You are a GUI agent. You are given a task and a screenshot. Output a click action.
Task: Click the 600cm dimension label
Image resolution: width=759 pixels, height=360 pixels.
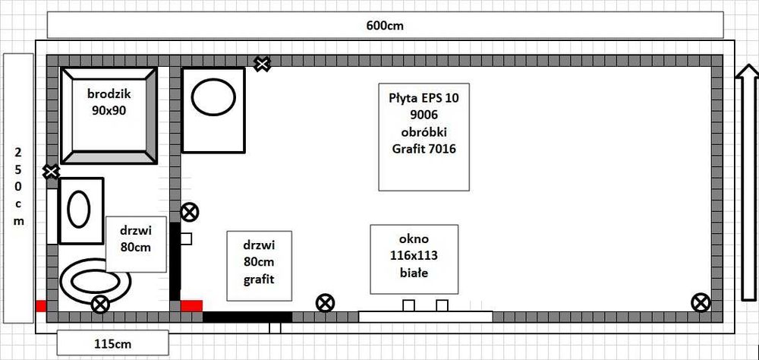point(385,25)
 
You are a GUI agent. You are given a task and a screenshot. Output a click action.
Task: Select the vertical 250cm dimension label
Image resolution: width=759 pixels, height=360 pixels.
point(18,188)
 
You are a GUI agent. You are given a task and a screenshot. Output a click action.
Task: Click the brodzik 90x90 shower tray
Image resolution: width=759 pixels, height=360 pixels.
point(109,115)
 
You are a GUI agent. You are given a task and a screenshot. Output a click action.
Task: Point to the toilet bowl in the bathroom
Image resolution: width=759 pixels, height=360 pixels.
point(96,282)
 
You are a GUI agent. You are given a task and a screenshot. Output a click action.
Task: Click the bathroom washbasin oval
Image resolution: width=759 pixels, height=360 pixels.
point(78,210)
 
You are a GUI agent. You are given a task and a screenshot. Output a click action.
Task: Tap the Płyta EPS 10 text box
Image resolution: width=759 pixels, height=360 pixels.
point(424,137)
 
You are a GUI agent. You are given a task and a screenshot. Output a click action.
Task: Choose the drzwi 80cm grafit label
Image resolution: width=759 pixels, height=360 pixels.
point(259,266)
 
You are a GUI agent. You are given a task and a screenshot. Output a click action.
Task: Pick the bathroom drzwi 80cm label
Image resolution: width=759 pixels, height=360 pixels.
point(136,244)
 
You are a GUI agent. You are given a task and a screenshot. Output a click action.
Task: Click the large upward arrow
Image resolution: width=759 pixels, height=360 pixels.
point(747,183)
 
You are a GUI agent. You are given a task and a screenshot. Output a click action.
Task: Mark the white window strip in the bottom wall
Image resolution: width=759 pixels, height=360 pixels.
point(426,317)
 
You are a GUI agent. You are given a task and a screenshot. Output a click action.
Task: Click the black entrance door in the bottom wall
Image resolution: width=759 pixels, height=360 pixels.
point(247,317)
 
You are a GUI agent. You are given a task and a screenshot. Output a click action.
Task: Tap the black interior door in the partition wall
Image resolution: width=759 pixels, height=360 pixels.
point(175,261)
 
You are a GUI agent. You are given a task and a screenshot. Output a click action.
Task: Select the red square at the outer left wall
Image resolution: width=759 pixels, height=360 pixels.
point(41,306)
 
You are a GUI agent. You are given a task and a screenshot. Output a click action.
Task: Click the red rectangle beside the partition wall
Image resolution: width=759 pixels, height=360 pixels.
point(191,306)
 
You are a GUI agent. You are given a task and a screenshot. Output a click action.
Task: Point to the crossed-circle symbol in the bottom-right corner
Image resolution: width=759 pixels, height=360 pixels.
point(701,303)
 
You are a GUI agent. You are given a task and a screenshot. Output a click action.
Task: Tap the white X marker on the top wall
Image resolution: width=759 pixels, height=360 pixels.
point(263,64)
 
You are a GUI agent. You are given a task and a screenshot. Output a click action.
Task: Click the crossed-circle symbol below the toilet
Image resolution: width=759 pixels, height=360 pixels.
point(100,305)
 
